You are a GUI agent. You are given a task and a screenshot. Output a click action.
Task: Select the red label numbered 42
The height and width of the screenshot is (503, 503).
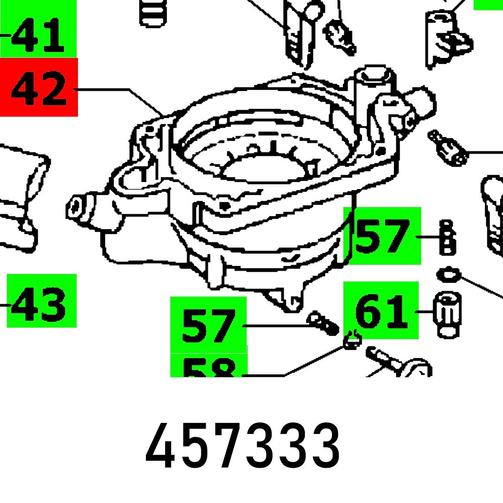pyautogui.click(x=39, y=87)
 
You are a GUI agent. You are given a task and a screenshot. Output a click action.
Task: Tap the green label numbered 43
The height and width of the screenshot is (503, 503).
pyautogui.click(x=41, y=301)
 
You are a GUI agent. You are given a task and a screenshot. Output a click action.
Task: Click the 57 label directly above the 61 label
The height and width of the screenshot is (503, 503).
pyautogui.click(x=382, y=235)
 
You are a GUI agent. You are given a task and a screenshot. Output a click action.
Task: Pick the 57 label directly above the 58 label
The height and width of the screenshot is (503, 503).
pyautogui.click(x=208, y=324)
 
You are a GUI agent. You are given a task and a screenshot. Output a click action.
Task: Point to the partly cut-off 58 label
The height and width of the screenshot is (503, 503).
pyautogui.click(x=208, y=366)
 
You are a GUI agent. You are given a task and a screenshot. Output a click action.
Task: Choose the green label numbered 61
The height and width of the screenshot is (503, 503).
pyautogui.click(x=381, y=310)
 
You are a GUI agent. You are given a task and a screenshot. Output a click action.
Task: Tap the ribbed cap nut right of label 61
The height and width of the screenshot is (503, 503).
pyautogui.click(x=445, y=314)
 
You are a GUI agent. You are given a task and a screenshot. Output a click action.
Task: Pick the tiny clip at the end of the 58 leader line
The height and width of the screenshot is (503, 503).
pyautogui.click(x=352, y=341)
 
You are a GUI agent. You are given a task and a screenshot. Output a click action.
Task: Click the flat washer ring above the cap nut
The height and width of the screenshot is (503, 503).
pyautogui.click(x=448, y=275)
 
